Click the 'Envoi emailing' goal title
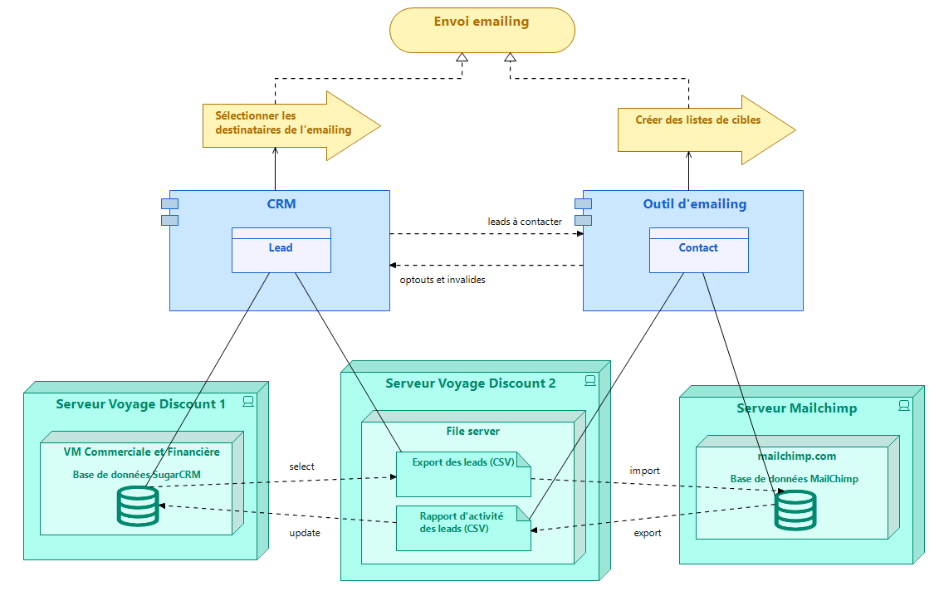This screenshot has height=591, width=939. point(482,22)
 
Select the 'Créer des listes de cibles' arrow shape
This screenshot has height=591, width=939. point(706,129)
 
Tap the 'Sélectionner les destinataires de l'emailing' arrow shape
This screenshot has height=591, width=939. point(291,125)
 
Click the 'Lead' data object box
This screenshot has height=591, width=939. point(281,251)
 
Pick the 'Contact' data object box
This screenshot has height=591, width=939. point(699,251)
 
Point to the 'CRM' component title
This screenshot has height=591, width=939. point(281,203)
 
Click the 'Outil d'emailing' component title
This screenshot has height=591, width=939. point(695,203)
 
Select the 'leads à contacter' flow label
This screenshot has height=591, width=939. point(525,222)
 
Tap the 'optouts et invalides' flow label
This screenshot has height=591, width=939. point(443,280)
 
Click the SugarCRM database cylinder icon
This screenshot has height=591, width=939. point(139,506)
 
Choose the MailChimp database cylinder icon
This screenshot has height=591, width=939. point(795,510)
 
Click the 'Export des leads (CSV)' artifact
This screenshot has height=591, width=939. point(463,474)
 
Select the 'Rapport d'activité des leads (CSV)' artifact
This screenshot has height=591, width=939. point(463,528)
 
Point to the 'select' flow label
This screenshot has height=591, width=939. point(302,466)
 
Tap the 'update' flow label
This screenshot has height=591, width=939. point(305,533)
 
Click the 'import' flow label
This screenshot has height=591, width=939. point(644,471)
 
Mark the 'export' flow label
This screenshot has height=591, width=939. point(648,533)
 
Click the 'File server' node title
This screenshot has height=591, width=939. point(472,431)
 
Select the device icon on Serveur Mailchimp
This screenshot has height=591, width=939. point(904,405)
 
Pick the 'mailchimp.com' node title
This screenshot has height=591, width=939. point(797,457)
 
